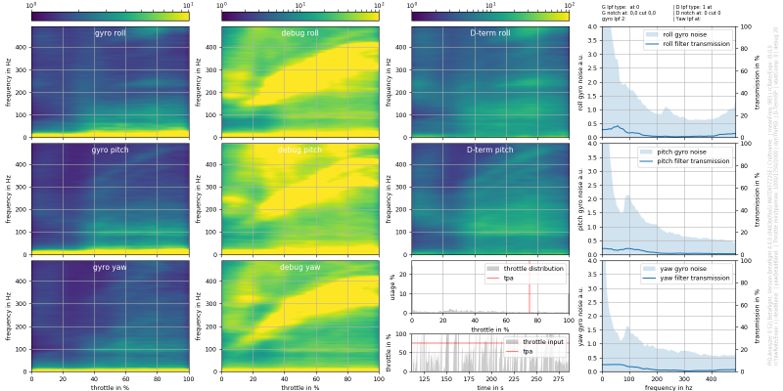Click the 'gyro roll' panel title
(110, 33)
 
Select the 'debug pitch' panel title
(299, 150)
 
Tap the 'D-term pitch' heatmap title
(489, 150)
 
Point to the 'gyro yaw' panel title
(110, 267)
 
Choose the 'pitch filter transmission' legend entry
(696, 161)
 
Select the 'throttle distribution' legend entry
(533, 267)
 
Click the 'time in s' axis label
(489, 387)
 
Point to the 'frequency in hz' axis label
(668, 387)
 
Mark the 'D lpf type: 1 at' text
(693, 7)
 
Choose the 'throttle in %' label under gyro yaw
(110, 387)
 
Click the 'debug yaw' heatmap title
(299, 267)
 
